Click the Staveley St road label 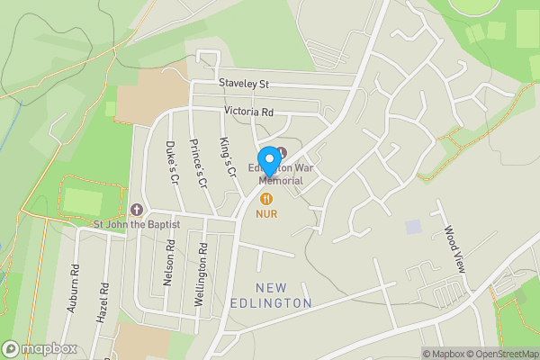[245, 84]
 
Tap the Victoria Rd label [248, 112]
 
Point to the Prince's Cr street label [198, 162]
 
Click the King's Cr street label [227, 157]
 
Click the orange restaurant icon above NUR [265, 198]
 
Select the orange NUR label [265, 214]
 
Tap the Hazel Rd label [102, 304]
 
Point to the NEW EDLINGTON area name [283, 295]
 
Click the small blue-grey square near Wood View [412, 227]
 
